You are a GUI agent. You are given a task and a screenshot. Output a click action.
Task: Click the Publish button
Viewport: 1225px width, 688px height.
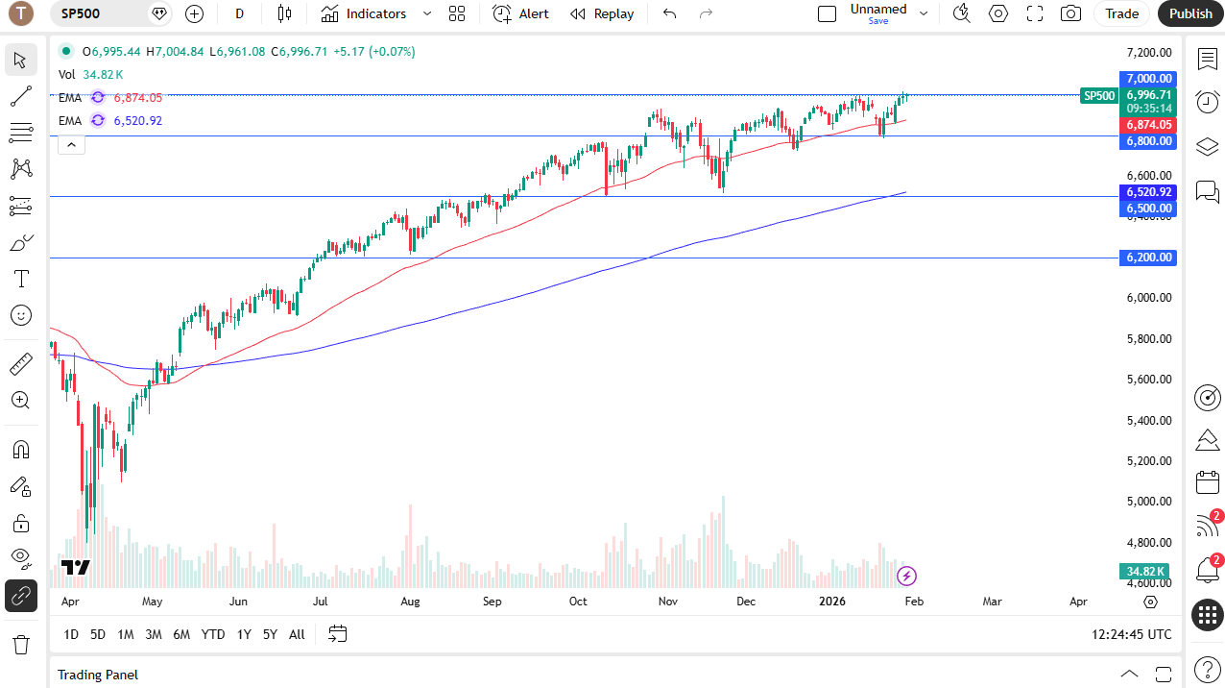pos(1190,13)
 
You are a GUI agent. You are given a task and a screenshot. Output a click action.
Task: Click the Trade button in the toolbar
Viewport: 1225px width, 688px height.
pos(1121,13)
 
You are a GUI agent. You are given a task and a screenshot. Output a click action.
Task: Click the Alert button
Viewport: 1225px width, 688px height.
pos(521,13)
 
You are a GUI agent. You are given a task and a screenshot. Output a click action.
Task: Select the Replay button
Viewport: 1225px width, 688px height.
pos(602,13)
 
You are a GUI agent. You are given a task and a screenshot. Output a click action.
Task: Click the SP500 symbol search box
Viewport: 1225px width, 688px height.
pos(96,13)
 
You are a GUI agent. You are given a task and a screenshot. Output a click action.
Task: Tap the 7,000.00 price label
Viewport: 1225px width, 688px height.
pos(1148,79)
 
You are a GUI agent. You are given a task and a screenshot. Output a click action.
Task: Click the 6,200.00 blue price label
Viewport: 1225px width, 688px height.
pos(1148,258)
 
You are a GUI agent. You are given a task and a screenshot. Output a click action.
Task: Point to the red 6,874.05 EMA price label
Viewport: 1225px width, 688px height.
pos(1148,125)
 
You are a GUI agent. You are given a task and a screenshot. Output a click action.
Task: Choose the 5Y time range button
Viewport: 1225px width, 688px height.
pos(270,634)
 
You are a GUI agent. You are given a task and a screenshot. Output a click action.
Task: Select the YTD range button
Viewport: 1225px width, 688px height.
pos(213,634)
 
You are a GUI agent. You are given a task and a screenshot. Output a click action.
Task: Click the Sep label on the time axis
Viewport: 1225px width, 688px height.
pos(492,602)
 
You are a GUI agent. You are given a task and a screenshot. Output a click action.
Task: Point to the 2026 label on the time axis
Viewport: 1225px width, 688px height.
pos(830,602)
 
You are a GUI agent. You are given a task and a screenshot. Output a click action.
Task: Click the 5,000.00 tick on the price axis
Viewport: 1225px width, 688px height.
pos(1148,502)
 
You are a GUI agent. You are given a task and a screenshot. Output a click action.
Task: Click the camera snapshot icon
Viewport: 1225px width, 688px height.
pos(1069,13)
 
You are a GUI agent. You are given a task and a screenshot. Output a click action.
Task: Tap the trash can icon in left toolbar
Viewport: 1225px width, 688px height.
pos(20,644)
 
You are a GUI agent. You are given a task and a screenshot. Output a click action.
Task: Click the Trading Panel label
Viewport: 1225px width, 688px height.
pos(98,675)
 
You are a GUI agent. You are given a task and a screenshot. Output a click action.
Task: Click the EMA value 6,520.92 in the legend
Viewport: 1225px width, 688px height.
pos(138,121)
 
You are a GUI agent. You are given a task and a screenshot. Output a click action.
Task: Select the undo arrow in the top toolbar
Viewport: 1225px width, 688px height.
pos(670,13)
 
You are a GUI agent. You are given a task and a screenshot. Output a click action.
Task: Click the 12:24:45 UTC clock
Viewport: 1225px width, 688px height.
pos(1131,634)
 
